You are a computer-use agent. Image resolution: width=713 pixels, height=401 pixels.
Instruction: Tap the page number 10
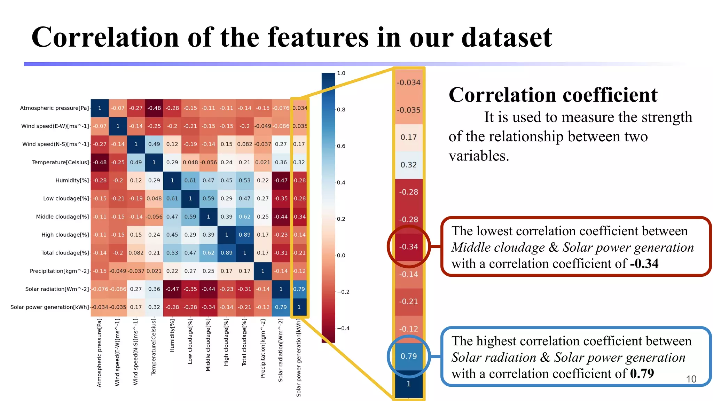tap(691, 379)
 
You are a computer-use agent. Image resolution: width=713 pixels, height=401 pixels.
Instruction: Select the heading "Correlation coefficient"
tap(553, 95)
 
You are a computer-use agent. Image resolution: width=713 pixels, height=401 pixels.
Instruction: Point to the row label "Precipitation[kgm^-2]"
tap(59, 271)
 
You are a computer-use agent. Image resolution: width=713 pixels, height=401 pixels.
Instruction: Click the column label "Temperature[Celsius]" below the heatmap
tap(154, 347)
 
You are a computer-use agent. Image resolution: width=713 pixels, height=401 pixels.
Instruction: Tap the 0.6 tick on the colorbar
tap(341, 146)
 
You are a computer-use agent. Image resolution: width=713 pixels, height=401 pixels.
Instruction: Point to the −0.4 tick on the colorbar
tap(343, 328)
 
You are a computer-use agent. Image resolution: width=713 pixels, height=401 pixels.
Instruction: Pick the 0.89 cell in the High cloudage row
tap(245, 235)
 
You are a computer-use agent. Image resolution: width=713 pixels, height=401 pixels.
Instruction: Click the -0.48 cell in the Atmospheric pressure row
tap(154, 108)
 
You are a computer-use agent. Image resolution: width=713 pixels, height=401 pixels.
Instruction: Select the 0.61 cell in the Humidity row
tap(190, 180)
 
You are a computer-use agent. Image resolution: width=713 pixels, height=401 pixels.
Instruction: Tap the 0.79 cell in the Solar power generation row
tap(281, 307)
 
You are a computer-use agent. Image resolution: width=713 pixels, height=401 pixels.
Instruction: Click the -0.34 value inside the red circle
tap(409, 247)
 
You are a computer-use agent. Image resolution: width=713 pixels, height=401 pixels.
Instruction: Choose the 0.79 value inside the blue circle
tap(409, 356)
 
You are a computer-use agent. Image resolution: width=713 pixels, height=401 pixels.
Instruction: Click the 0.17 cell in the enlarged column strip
tap(409, 137)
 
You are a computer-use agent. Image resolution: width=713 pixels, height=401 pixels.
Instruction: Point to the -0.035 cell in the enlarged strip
tap(409, 110)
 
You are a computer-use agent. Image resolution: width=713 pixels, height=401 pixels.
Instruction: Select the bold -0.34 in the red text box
tap(644, 264)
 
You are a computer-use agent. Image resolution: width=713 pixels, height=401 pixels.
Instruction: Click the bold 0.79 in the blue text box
tap(642, 374)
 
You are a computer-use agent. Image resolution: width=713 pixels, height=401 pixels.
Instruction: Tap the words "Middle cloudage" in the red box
tap(498, 247)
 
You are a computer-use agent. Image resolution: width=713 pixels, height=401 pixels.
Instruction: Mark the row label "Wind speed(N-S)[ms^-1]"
tap(56, 144)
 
